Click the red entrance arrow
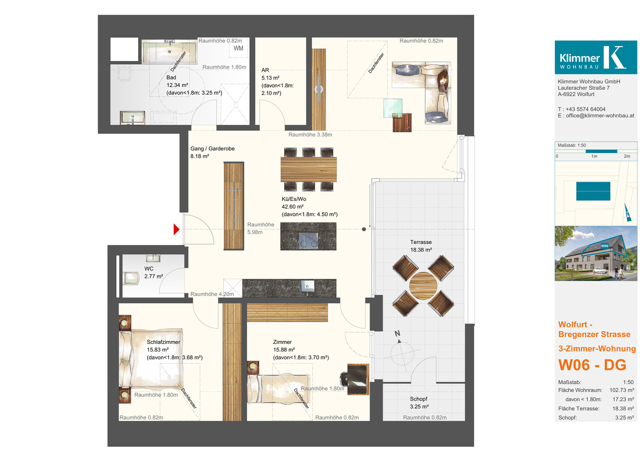pyautogui.click(x=176, y=229)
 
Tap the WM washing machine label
pyautogui.click(x=238, y=48)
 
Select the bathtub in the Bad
pyautogui.click(x=169, y=52)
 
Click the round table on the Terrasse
pyautogui.click(x=423, y=286)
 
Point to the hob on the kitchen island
pyautogui.click(x=308, y=240)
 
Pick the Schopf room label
pyautogui.click(x=419, y=399)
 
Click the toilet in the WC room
pyautogui.click(x=131, y=278)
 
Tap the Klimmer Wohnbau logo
pyautogui.click(x=596, y=57)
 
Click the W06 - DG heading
pyautogui.click(x=592, y=365)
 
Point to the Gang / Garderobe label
pyautogui.click(x=213, y=148)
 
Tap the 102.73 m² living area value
pyautogui.click(x=622, y=390)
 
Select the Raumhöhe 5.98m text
pyautogui.click(x=261, y=228)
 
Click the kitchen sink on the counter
pyautogui.click(x=307, y=286)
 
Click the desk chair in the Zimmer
pyautogui.click(x=344, y=379)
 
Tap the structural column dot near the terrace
pyautogui.click(x=364, y=229)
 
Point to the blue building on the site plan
pyautogui.click(x=593, y=191)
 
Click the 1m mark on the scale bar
pyautogui.click(x=594, y=156)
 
